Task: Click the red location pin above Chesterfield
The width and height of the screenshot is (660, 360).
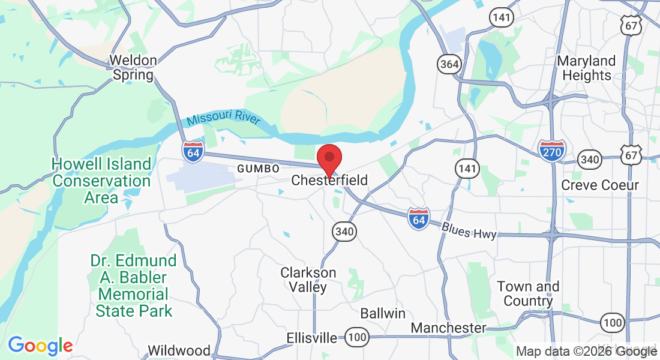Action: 329,158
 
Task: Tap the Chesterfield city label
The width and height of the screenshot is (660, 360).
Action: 329,180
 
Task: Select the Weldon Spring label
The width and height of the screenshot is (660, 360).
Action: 133,68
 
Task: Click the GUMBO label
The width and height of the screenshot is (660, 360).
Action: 258,169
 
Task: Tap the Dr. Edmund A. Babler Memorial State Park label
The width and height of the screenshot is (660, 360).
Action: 134,286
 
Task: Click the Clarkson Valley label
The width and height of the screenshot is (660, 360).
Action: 308,280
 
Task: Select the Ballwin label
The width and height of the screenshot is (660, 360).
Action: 383,313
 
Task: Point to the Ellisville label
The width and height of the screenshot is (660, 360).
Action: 312,338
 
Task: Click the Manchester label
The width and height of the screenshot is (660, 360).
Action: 448,328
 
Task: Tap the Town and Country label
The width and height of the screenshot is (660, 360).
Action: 529,293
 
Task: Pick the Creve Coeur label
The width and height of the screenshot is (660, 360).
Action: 600,185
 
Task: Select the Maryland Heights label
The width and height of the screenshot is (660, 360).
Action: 586,68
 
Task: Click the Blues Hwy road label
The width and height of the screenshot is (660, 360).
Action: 469,230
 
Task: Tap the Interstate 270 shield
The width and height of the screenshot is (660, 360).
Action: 551,151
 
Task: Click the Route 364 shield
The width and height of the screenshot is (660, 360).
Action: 448,64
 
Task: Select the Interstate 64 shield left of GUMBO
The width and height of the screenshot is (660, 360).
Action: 193,150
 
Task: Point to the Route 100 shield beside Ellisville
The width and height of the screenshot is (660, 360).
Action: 357,338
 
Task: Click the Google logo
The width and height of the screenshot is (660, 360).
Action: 40,346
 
